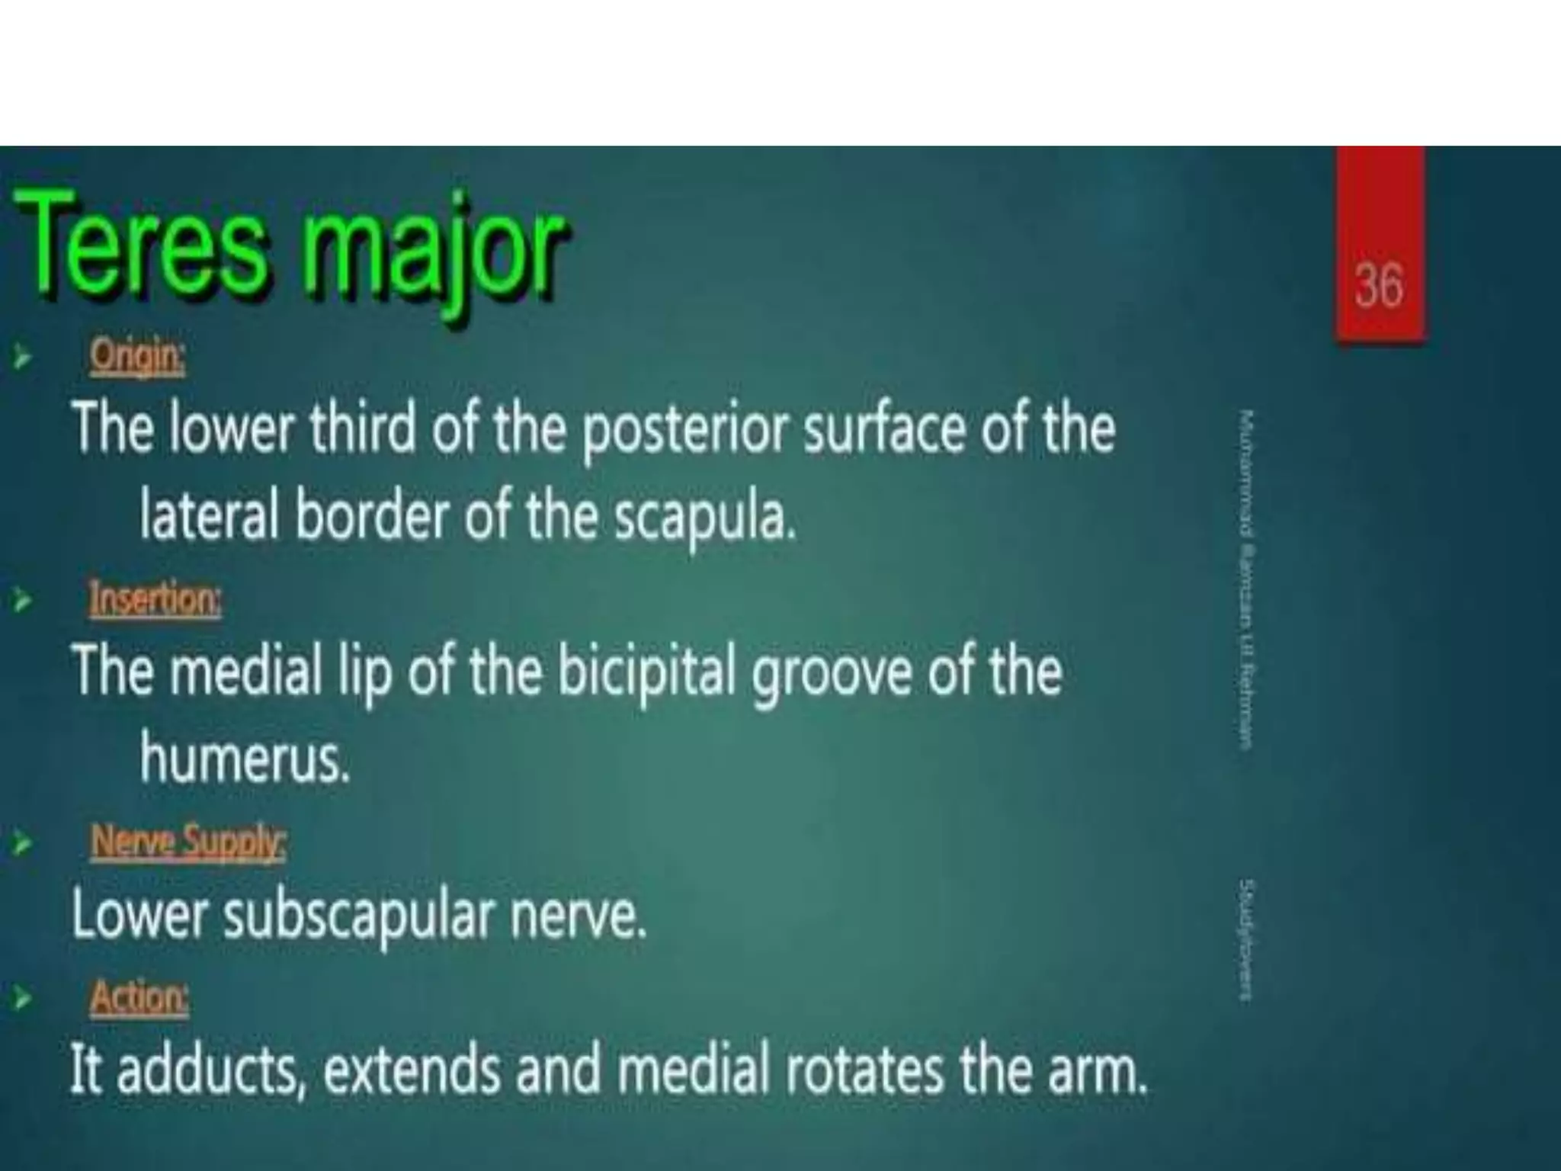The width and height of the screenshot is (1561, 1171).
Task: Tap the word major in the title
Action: [434, 252]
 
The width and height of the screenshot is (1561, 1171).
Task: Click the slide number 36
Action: [1379, 286]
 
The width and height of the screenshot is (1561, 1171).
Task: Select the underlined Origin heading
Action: [137, 356]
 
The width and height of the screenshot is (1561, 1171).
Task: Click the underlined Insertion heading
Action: [155, 598]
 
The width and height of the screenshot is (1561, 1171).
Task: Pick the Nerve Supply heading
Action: [188, 842]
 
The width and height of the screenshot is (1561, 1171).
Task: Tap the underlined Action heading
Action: [139, 996]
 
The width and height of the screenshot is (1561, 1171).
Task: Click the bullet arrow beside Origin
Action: [23, 357]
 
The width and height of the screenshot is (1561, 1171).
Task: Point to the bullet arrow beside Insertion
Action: [23, 601]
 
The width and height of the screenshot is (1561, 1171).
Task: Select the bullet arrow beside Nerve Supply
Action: [23, 844]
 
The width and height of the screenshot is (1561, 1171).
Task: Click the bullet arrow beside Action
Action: [23, 998]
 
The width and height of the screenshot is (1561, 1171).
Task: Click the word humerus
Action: [244, 759]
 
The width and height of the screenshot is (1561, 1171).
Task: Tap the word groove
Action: [832, 674]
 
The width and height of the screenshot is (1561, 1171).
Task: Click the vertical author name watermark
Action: [1246, 579]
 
